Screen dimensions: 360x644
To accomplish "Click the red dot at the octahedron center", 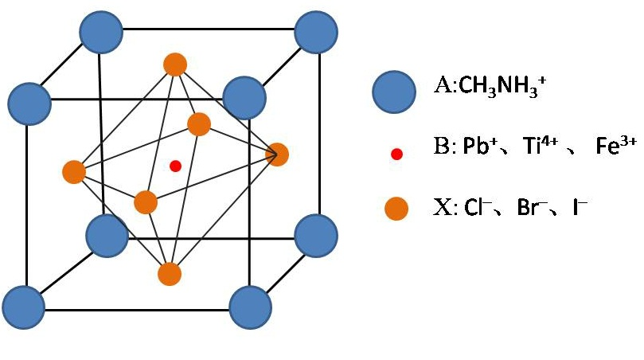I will click(x=176, y=166).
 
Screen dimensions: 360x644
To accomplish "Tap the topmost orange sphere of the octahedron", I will click(x=174, y=64).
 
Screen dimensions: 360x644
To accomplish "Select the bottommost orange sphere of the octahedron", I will click(x=170, y=274).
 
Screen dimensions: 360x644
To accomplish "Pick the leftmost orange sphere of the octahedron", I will click(x=74, y=171).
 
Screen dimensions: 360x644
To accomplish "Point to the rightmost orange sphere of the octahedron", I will click(x=277, y=155).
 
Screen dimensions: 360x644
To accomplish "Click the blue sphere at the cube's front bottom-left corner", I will click(x=22, y=305).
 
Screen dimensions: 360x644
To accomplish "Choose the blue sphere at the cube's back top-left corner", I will click(x=101, y=33).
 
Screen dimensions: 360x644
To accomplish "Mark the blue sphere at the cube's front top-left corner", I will click(x=29, y=101).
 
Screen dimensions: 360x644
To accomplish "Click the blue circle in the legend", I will click(x=392, y=90).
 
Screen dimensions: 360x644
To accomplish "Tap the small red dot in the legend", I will click(x=397, y=153).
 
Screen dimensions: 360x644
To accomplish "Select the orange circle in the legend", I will click(x=396, y=209).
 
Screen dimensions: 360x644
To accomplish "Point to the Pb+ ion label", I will click(x=483, y=149).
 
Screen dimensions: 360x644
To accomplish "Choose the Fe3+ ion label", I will click(x=616, y=147).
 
